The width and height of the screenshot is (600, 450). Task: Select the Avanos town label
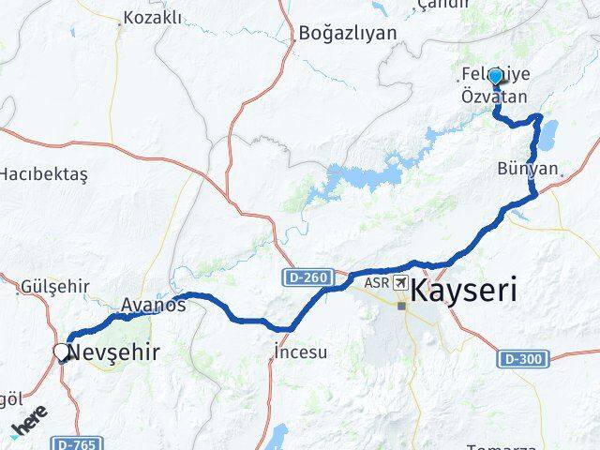153,305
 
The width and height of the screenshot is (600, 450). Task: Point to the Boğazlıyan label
347,33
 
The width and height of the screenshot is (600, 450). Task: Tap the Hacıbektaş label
43,174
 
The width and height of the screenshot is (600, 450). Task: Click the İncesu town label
301,352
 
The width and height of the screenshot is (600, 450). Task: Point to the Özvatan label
493,96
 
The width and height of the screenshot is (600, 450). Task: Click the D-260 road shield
307,277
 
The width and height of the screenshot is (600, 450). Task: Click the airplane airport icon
401,282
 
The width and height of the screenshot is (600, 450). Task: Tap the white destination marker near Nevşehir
62,352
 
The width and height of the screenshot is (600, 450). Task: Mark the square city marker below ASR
401,306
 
